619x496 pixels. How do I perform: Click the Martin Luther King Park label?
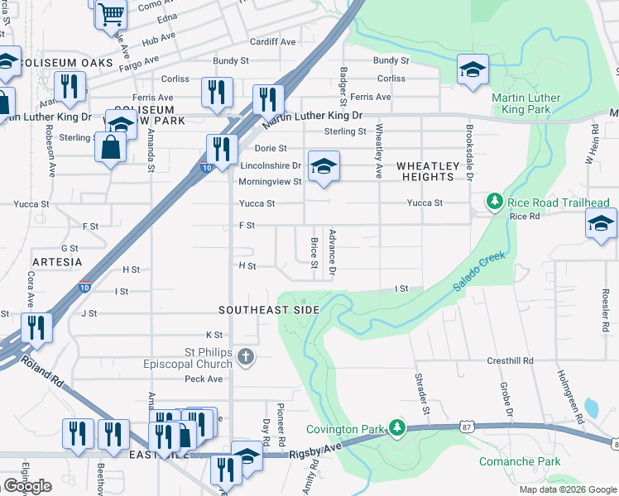525,103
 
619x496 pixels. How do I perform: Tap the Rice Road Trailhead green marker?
494,202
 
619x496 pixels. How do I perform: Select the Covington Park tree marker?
398,427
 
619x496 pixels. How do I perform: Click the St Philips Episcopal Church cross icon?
244,356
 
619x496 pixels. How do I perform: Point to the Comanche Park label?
519,461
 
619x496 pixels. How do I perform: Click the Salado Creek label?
478,270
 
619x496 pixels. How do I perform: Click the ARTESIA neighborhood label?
59,261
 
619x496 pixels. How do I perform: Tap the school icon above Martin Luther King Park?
473,69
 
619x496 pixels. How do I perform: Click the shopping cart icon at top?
110,13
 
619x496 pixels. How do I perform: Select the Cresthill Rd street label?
510,361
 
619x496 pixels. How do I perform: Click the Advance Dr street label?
333,252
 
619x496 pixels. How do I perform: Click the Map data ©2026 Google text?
567,489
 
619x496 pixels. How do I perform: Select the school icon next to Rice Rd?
600,224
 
